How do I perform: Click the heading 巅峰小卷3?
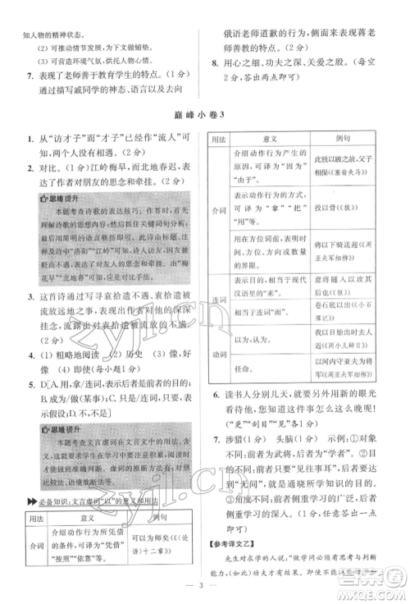(204, 114)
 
